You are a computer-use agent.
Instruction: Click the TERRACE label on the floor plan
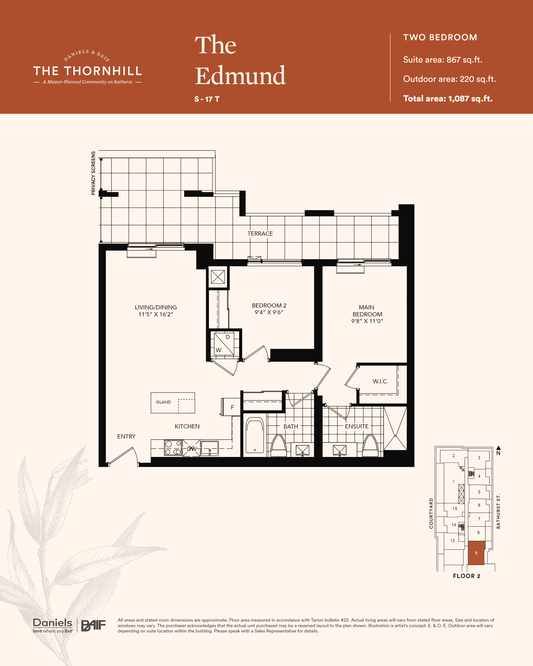[260, 234]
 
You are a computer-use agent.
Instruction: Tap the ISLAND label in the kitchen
[163, 402]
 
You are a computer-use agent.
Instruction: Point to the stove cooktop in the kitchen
[173, 448]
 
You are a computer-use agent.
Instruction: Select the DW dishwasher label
[192, 449]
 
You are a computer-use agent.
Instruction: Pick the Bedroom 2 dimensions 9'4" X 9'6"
[269, 312]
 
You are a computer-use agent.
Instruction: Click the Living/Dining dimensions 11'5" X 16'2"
[156, 314]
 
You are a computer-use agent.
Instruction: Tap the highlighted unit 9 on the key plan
[476, 553]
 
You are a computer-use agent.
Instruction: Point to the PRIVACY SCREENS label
[93, 173]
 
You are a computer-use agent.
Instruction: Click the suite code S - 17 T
[207, 99]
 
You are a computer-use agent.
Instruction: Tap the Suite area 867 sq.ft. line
[443, 60]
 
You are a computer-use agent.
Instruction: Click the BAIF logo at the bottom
[93, 626]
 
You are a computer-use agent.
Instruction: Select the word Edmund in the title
[240, 75]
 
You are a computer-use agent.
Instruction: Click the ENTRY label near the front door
[126, 436]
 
